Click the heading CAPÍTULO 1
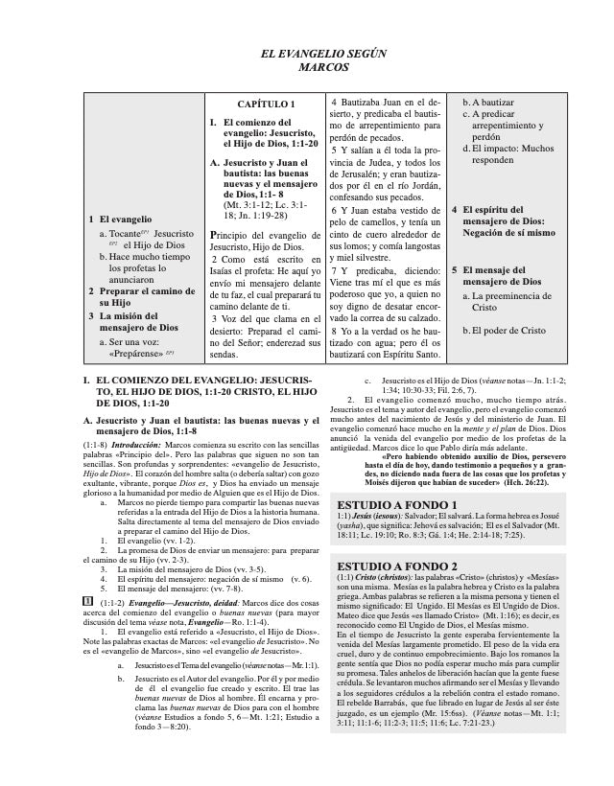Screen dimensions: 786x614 click(266, 103)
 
